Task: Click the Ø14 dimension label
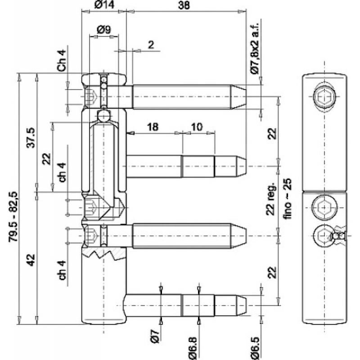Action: click(x=104, y=6)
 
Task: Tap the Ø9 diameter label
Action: click(x=103, y=30)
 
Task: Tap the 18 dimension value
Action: click(x=153, y=127)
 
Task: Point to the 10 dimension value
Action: click(x=197, y=127)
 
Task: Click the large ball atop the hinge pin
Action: click(x=104, y=115)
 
